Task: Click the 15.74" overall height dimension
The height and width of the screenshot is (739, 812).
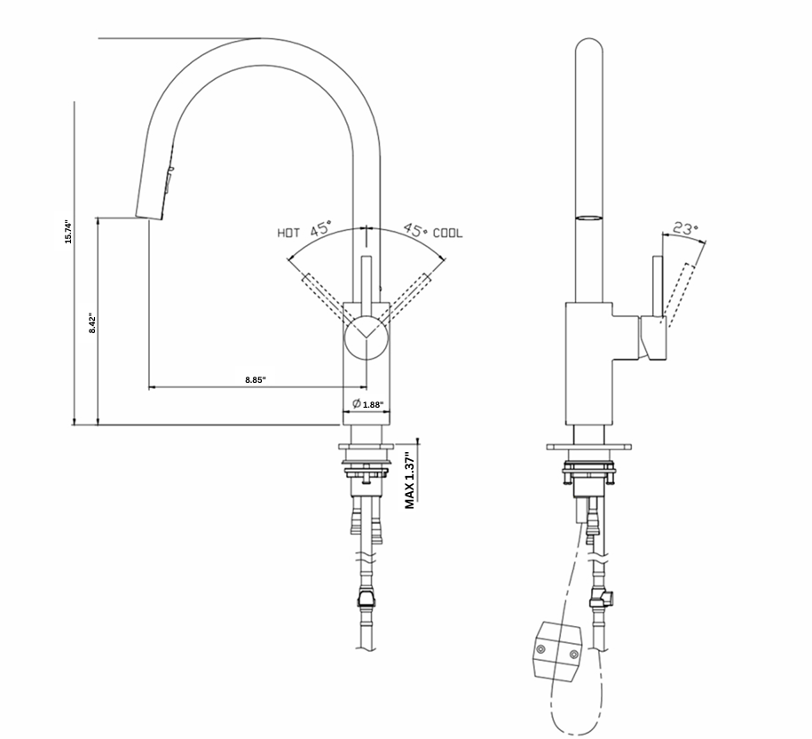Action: [67, 231]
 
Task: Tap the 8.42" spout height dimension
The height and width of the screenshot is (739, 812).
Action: [91, 322]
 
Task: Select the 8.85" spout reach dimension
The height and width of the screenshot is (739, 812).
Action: [256, 379]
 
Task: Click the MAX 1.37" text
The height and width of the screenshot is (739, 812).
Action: [409, 480]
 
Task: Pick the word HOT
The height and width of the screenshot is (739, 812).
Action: [288, 234]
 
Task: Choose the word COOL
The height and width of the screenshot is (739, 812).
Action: [447, 233]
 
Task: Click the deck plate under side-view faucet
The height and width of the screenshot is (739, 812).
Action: [592, 448]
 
